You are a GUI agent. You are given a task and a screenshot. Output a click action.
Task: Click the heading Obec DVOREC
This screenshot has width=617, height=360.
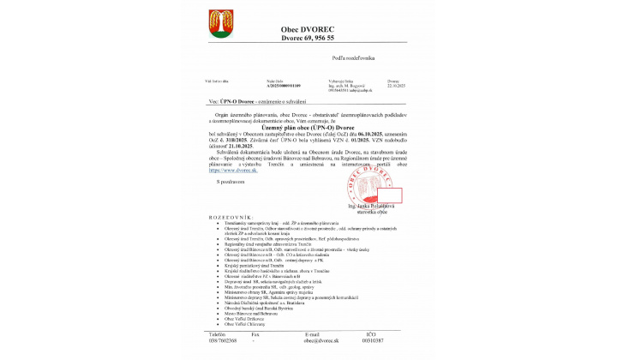click(x=307, y=28)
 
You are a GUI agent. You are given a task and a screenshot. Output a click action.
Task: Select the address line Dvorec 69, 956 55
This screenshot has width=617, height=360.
click(x=307, y=39)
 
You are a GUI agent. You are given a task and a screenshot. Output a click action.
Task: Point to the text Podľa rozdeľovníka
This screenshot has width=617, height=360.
click(x=353, y=58)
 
